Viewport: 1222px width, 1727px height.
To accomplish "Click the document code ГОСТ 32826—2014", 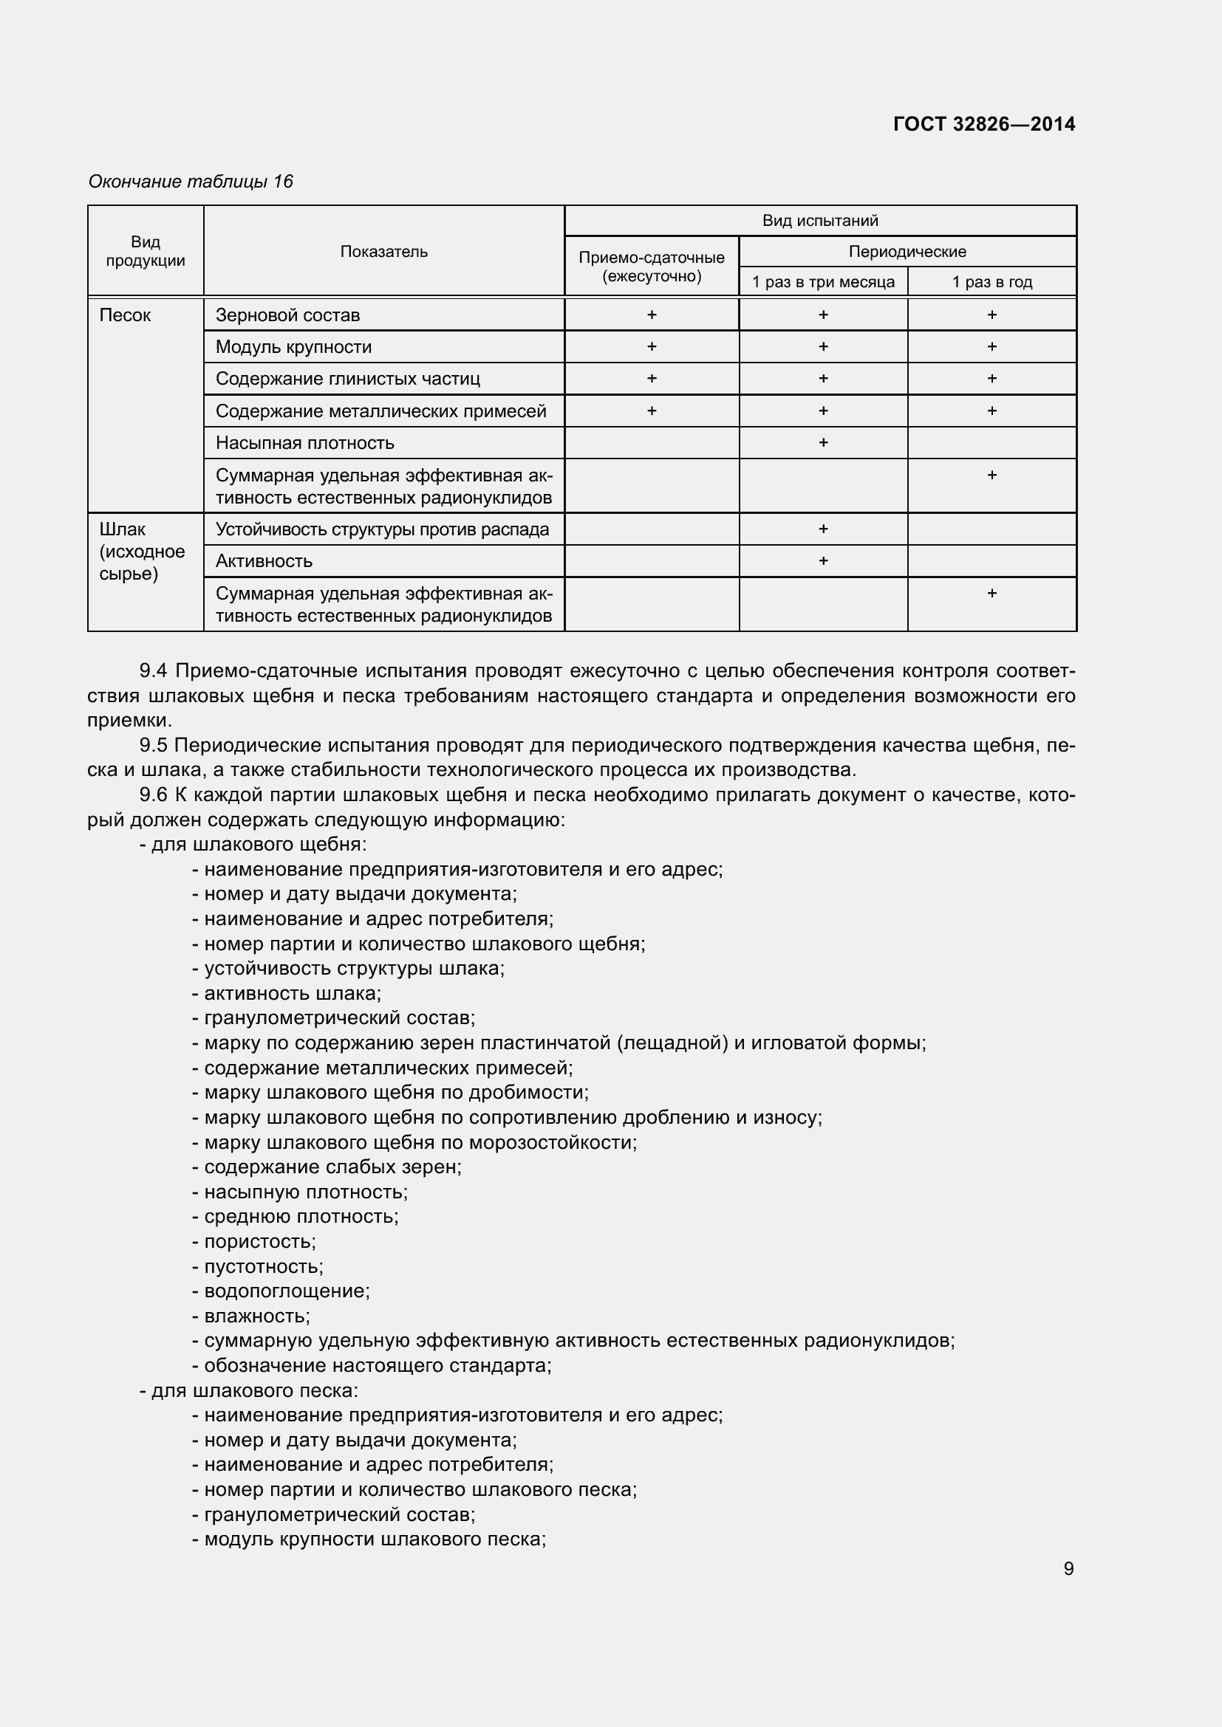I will (x=983, y=124).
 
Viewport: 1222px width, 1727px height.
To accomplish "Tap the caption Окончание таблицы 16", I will (x=191, y=182).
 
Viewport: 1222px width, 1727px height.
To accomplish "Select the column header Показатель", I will (x=383, y=252).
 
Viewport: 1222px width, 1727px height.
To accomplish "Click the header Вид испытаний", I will (x=819, y=220).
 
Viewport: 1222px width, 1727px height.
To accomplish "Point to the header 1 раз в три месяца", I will (x=822, y=282).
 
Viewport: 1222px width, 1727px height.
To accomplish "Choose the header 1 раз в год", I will (x=991, y=282).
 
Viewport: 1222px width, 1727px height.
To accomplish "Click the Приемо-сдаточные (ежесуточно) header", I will (x=652, y=267).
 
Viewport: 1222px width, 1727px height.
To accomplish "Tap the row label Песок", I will (x=125, y=315).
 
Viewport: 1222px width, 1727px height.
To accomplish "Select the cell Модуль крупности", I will (x=293, y=347).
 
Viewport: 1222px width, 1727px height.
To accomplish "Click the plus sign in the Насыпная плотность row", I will (x=822, y=442).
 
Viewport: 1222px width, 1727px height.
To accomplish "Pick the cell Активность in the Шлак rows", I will (x=263, y=561).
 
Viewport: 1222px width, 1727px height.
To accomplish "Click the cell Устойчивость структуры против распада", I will (x=382, y=529).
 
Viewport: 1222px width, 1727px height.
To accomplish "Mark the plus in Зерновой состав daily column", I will (x=652, y=315).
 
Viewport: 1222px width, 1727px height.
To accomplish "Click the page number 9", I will (x=1068, y=1569).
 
